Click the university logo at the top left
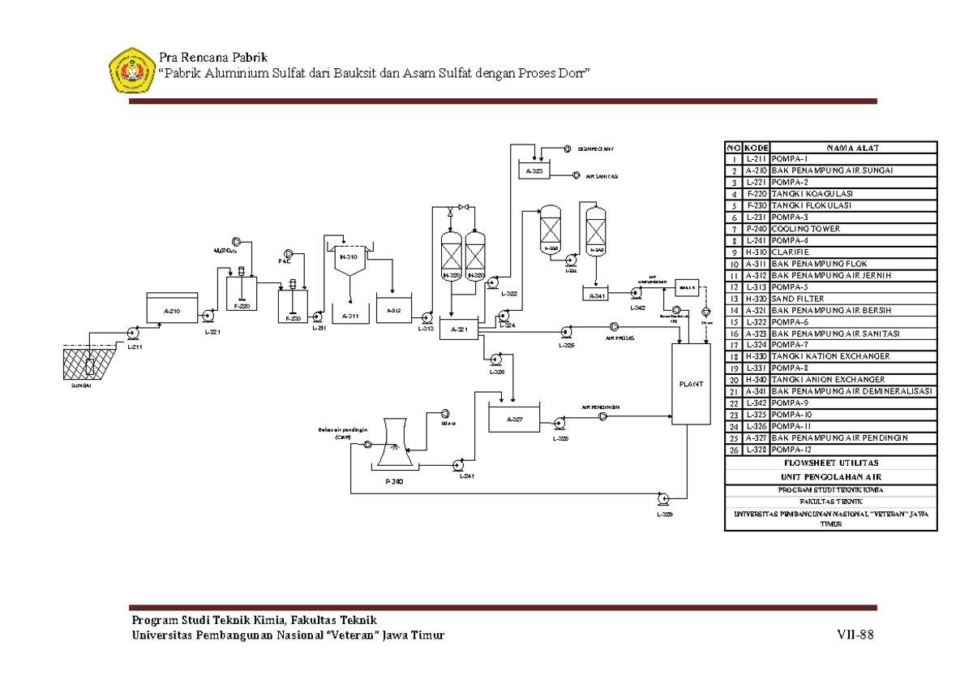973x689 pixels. point(131,71)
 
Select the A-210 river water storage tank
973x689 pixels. point(171,309)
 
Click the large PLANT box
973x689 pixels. point(691,383)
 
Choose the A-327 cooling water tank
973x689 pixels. point(515,419)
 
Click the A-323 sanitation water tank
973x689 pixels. point(534,171)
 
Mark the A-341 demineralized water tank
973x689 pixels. point(601,295)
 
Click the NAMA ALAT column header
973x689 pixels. point(852,148)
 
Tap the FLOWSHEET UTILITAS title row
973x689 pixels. point(830,463)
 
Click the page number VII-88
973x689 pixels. point(855,635)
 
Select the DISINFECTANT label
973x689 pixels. point(595,149)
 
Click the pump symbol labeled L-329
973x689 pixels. point(664,499)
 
